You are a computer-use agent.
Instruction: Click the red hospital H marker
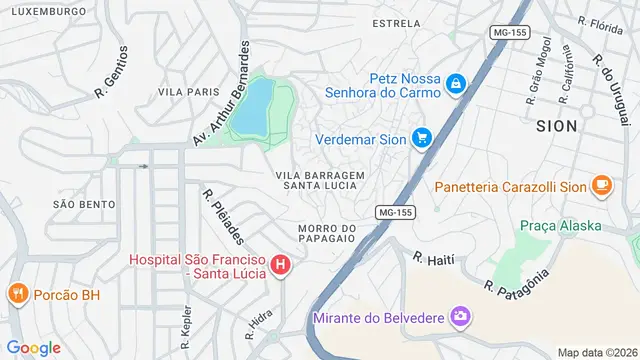(x=281, y=266)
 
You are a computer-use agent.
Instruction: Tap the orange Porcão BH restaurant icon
(x=17, y=294)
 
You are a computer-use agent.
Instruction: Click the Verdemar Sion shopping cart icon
(x=422, y=139)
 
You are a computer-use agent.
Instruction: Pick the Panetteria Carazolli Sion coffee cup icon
(x=602, y=185)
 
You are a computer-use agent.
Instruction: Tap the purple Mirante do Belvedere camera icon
(x=461, y=318)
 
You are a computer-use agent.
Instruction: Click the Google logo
(x=34, y=347)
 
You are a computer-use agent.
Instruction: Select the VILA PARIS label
(x=188, y=92)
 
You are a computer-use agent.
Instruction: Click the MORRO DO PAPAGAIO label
(x=327, y=233)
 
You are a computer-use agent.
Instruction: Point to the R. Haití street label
(x=433, y=260)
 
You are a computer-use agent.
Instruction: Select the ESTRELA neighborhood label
(x=395, y=22)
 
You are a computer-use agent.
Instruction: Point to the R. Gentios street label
(x=111, y=72)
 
